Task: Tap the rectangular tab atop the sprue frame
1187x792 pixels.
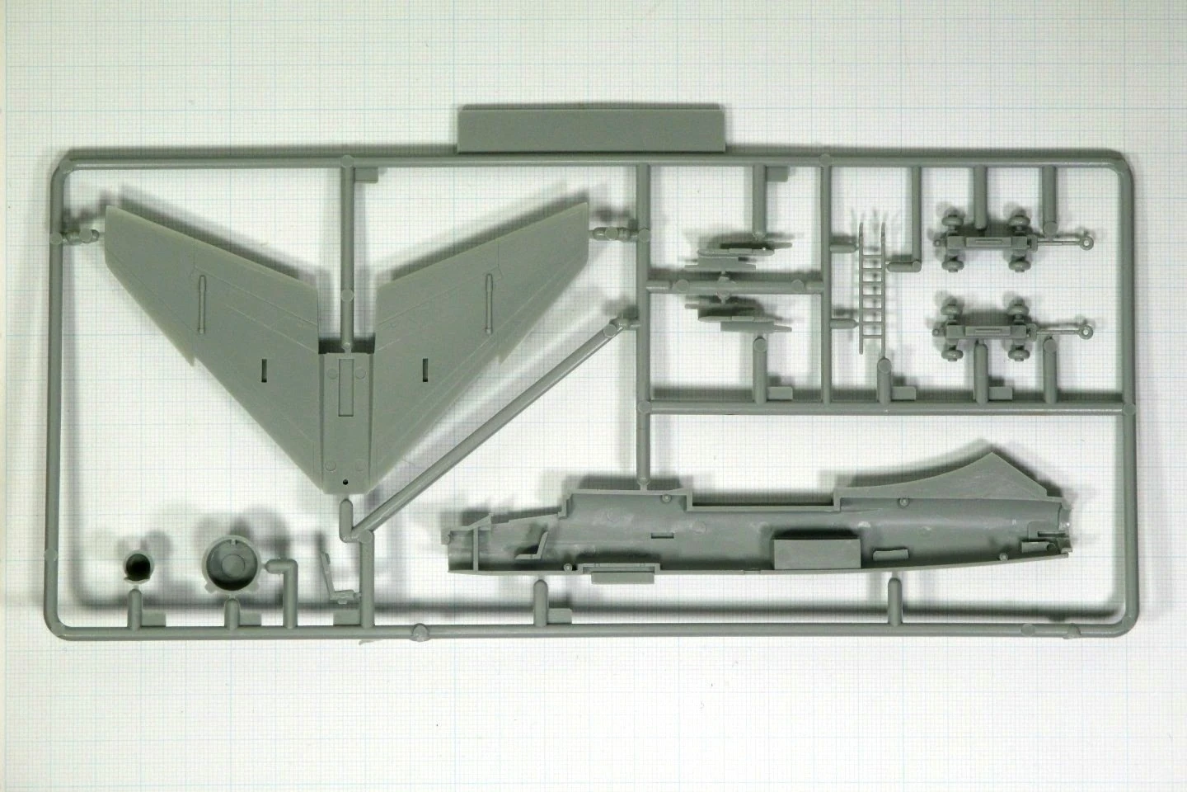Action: tap(590, 129)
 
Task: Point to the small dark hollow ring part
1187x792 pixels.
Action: tap(137, 567)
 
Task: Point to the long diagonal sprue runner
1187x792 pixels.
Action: tap(486, 429)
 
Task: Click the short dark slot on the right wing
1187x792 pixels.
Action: tap(425, 369)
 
